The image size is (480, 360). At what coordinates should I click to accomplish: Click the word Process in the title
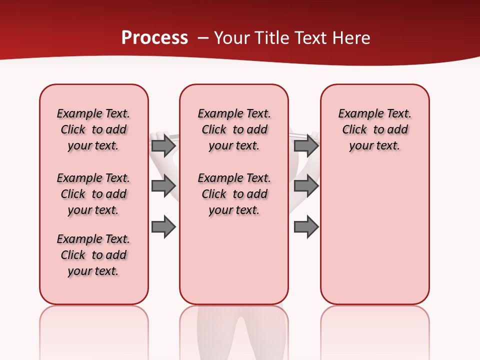click(154, 38)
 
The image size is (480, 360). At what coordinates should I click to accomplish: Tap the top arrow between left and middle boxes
click(163, 145)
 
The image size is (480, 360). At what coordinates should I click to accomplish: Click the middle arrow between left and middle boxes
click(163, 186)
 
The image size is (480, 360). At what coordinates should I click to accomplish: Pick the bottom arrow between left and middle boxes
click(163, 227)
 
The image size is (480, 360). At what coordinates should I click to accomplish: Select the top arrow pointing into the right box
click(306, 145)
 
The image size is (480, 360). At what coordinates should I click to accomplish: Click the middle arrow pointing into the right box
click(306, 186)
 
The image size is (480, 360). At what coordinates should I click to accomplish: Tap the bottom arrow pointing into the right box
click(306, 227)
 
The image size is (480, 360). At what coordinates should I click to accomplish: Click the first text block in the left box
click(93, 129)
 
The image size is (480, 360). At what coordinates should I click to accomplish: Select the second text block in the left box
click(93, 194)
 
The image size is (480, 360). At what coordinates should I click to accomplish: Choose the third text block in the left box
click(93, 255)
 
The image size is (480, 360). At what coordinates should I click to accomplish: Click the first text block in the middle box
click(234, 129)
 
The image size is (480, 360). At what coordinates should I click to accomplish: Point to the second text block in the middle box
click(234, 194)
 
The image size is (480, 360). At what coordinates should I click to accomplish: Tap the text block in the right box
click(374, 129)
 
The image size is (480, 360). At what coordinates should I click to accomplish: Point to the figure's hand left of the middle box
click(159, 135)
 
